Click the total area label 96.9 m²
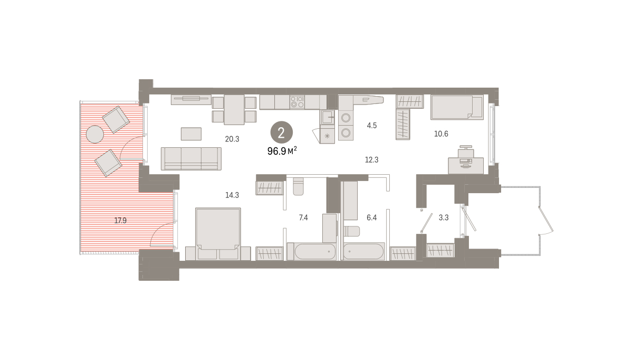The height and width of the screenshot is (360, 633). point(282,151)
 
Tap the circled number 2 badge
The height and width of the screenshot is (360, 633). point(282,132)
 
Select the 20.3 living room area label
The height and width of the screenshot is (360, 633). point(232,139)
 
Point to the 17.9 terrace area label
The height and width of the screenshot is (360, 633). point(120,221)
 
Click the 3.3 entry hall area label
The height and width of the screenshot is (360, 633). point(444,217)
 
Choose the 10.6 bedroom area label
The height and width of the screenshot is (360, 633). point(441,134)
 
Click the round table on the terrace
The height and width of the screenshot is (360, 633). point(94,134)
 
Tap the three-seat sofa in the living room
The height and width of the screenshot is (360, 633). point(191,159)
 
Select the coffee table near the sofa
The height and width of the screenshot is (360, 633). point(191,134)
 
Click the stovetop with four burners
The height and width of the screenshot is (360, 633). point(298,102)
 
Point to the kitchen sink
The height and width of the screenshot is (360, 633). point(327,117)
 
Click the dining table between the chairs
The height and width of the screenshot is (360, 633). point(234,110)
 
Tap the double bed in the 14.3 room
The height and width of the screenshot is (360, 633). point(218,234)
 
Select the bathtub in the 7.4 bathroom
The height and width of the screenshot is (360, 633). point(312,251)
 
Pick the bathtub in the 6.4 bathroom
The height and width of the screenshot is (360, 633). point(363,251)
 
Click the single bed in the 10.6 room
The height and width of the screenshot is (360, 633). point(457,107)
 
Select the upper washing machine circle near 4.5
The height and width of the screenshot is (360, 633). point(346,118)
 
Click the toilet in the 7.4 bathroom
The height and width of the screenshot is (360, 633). point(298,186)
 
